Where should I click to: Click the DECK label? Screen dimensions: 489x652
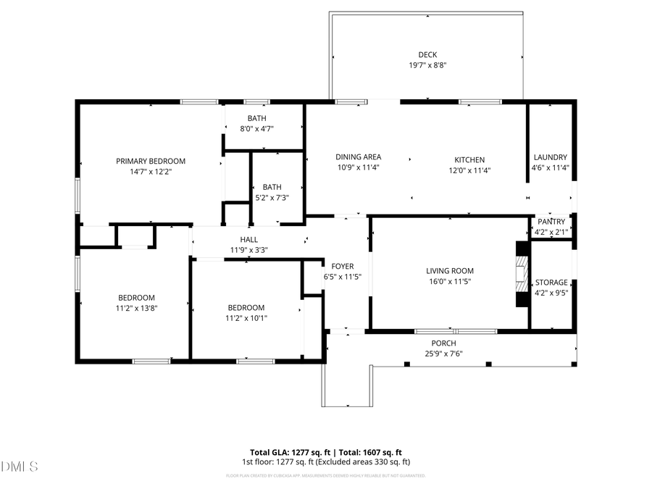click(427, 54)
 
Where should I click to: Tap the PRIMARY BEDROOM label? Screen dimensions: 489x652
click(151, 161)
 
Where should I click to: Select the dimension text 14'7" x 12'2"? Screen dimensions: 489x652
click(151, 172)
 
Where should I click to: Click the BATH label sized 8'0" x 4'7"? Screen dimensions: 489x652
click(256, 118)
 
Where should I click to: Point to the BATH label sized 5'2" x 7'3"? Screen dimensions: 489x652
click(272, 186)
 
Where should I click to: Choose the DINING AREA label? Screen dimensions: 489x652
click(358, 157)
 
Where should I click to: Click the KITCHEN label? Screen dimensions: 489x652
click(469, 160)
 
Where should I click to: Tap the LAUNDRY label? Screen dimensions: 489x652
click(550, 157)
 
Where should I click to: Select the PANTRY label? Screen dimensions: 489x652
click(551, 222)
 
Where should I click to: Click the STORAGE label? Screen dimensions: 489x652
click(551, 283)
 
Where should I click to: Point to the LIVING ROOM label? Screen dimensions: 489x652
click(450, 271)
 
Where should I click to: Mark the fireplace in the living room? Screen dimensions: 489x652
click(522, 275)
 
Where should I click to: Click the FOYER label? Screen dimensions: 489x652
click(343, 266)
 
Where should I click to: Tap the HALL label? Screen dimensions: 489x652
click(248, 240)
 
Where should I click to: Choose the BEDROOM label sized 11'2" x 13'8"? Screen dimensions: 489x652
click(137, 297)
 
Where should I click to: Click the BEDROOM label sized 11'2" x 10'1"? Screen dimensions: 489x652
click(246, 307)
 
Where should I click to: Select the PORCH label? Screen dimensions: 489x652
click(443, 343)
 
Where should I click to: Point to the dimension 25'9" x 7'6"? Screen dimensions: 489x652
click(443, 354)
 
